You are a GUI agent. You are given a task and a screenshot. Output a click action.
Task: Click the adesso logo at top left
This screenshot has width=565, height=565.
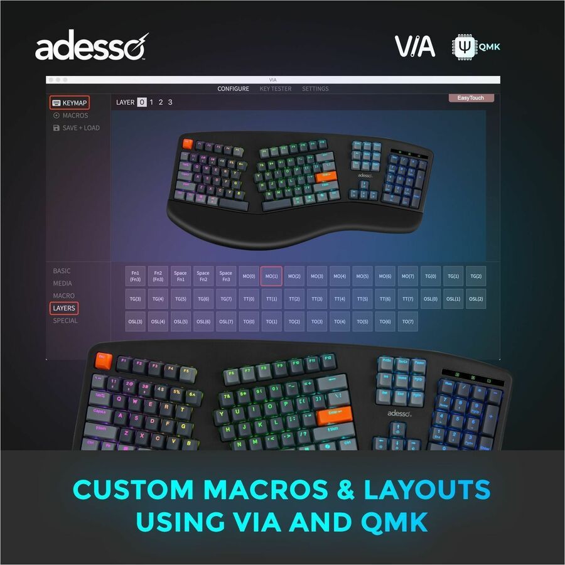92,47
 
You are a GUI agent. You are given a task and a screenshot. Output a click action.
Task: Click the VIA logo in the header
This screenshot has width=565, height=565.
414,46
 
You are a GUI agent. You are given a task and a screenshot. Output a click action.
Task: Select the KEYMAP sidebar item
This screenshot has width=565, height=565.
70,103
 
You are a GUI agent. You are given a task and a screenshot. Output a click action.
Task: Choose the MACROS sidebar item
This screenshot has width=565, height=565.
75,116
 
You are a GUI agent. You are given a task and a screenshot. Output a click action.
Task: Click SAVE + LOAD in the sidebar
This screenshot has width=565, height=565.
80,128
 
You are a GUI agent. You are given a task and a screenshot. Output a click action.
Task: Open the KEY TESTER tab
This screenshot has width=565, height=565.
276,89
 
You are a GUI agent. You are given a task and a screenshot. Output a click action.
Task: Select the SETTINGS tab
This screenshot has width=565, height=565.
315,89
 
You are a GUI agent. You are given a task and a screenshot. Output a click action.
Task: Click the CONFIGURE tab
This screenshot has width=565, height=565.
233,89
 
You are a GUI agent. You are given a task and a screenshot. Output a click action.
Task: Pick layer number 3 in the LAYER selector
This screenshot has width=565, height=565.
170,102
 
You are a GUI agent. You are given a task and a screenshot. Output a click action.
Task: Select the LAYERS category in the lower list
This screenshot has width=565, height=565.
64,308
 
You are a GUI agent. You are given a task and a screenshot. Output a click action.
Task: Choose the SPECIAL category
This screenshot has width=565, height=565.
65,321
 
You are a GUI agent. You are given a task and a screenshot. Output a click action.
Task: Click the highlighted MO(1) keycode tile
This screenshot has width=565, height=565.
271,276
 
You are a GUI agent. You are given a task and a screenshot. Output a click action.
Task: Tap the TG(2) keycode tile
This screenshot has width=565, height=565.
476,276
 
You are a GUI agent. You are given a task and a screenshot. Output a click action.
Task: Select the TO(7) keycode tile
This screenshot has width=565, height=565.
407,321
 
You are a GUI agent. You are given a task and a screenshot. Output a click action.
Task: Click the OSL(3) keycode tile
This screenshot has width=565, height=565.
135,321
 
